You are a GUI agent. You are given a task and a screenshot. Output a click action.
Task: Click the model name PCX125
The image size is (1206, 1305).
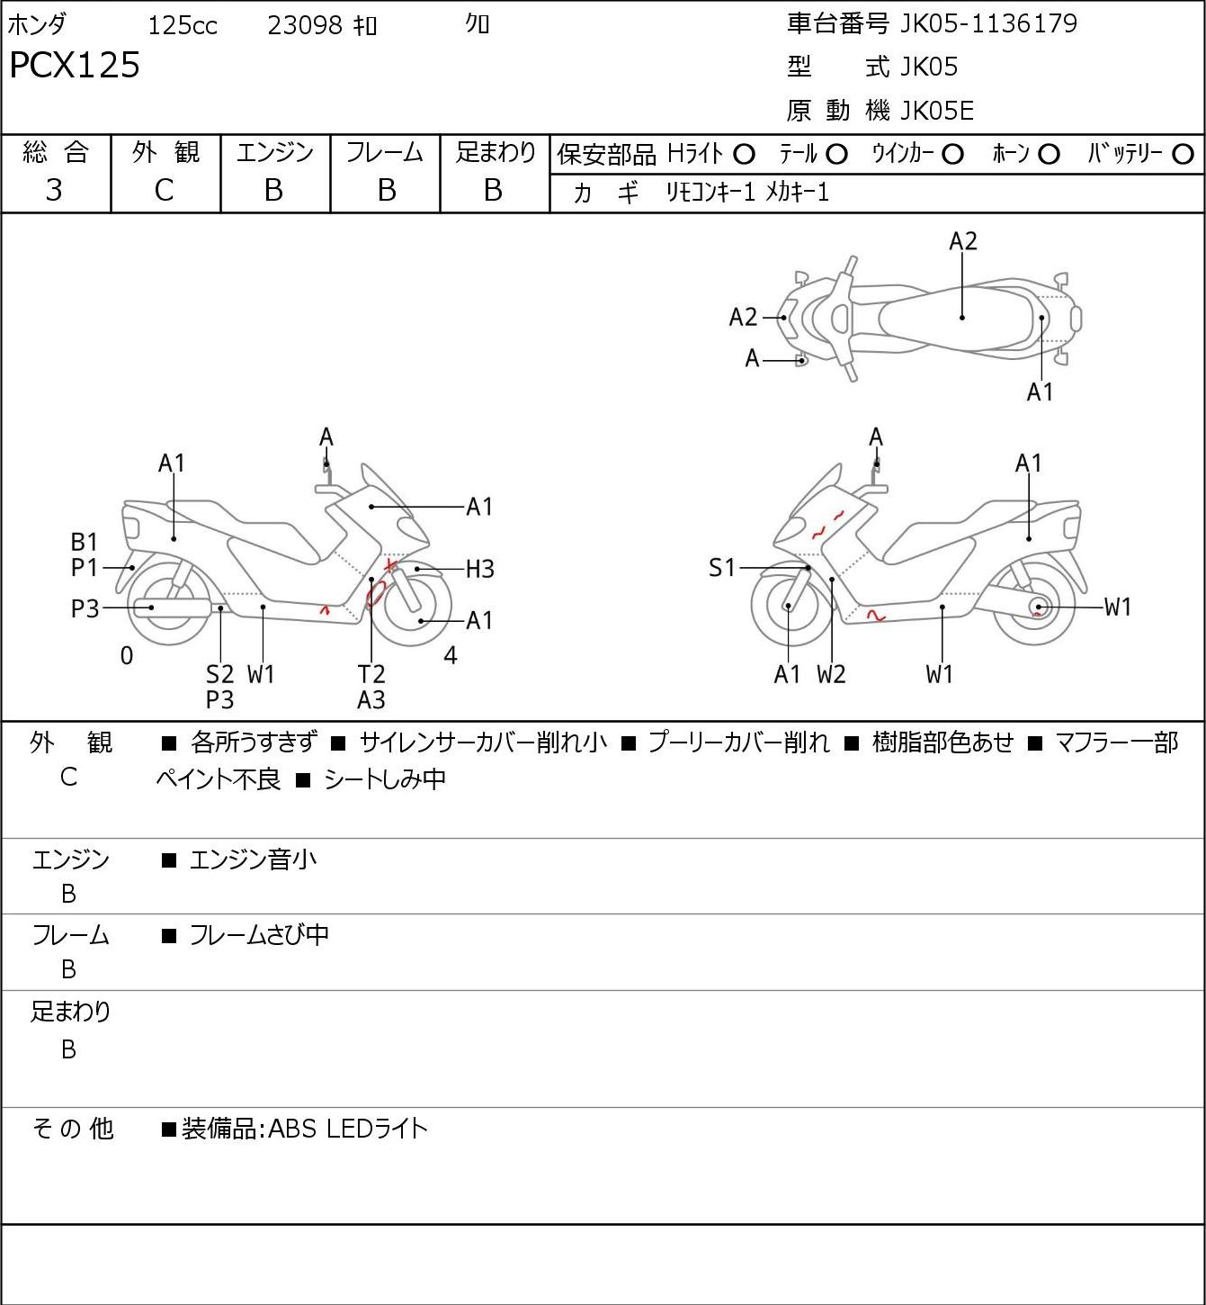(x=75, y=65)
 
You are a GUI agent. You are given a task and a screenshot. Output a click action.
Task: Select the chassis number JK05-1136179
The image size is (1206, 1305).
(x=988, y=24)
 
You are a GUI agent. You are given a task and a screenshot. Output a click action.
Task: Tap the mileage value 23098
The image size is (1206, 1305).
(x=305, y=25)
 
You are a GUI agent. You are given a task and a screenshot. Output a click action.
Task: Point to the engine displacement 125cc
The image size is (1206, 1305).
(x=182, y=25)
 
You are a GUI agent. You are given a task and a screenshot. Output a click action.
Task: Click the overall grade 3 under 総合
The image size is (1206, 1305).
(x=54, y=191)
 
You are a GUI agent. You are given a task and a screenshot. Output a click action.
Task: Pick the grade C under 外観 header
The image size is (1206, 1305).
(x=164, y=191)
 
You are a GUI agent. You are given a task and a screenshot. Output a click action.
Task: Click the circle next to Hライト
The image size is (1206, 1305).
(x=744, y=155)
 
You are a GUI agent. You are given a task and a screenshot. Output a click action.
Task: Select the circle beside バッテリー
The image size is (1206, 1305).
(x=1183, y=155)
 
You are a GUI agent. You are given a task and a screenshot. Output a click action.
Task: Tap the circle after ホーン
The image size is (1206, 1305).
(x=1049, y=155)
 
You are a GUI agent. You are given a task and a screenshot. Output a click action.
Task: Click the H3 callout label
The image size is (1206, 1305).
(x=479, y=569)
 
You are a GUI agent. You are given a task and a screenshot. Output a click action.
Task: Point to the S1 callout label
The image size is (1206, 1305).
(x=722, y=568)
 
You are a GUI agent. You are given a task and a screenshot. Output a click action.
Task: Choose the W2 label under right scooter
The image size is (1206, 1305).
(x=831, y=674)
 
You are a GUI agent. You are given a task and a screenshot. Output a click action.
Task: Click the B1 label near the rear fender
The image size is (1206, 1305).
(x=84, y=542)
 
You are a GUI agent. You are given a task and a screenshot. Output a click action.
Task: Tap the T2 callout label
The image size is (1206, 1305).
(x=371, y=674)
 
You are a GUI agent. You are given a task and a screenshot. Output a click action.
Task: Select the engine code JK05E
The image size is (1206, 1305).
(x=937, y=111)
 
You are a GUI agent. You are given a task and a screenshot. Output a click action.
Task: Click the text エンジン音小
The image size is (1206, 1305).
(x=253, y=859)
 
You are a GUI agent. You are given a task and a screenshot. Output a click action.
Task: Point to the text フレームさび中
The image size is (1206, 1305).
(x=259, y=935)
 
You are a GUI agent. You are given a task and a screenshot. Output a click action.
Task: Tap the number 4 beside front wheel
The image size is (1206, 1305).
(x=450, y=655)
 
